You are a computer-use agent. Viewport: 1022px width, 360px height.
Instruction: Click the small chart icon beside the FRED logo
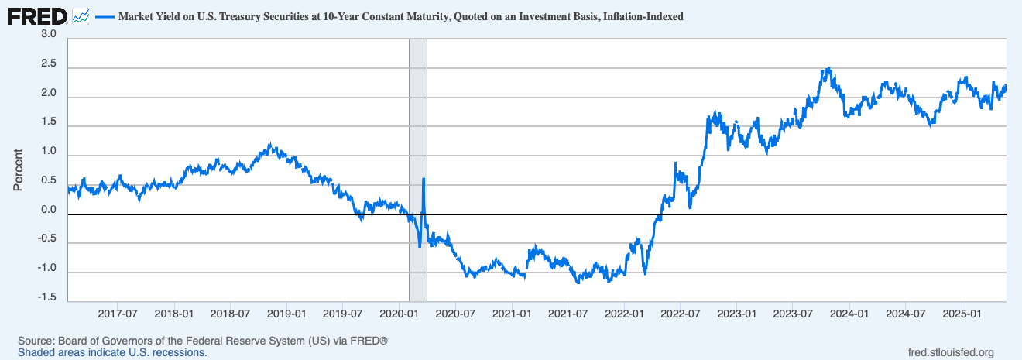[x=81, y=15]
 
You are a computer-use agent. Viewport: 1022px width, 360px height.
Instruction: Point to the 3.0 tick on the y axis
[x=48, y=35]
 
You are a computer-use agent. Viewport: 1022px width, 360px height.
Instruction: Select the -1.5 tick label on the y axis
[x=46, y=297]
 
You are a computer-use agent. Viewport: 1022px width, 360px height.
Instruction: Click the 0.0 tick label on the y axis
[x=48, y=210]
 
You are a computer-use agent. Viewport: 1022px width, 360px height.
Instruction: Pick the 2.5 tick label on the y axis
[x=48, y=64]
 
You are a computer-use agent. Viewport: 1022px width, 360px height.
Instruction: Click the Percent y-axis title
[x=18, y=170]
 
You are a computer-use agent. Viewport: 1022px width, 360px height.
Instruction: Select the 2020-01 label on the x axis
[x=399, y=315]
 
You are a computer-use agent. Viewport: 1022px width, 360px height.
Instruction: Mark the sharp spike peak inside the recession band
[x=424, y=179]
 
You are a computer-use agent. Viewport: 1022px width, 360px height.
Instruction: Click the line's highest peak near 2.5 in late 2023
[x=828, y=68]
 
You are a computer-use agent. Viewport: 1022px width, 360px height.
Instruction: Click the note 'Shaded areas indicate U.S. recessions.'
[x=112, y=352]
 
